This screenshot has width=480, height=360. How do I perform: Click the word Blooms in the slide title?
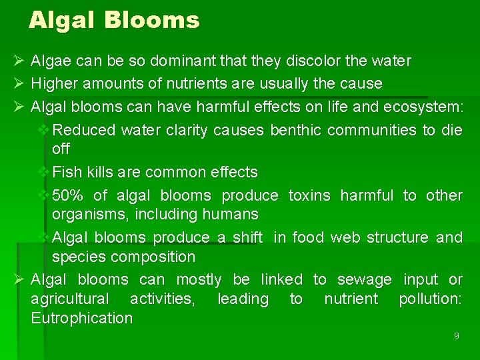tap(152, 20)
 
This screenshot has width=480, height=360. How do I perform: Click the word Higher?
tap(53, 83)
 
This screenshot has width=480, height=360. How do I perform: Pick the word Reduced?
tap(84, 129)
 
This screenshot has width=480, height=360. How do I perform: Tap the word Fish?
tap(65, 172)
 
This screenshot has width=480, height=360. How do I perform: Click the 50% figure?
tap(67, 195)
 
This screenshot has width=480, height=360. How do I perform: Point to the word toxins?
tap(309, 195)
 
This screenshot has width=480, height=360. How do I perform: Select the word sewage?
tap(365, 279)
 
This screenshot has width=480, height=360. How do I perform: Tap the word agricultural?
tap(70, 299)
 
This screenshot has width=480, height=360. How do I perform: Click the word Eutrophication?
tap(82, 318)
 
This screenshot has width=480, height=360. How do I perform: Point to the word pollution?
tap(429, 299)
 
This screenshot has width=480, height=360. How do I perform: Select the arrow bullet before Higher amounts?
tap(19, 83)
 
